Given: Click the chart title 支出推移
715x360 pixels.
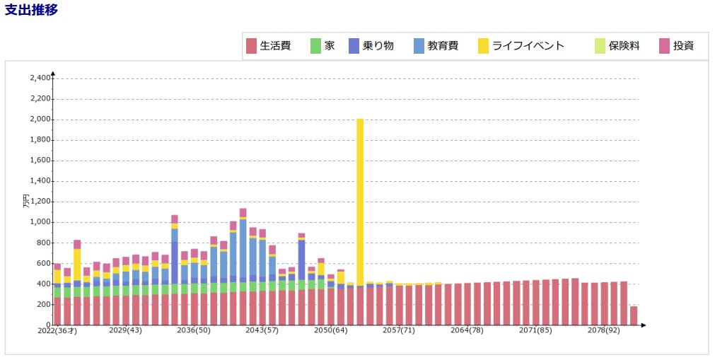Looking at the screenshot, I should click(32, 10).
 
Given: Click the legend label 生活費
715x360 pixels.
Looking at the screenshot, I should click(275, 46).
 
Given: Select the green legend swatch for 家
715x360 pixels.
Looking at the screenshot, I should click(315, 46).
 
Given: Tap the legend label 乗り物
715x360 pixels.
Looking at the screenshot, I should click(378, 46).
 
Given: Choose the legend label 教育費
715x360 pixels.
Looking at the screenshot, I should click(443, 46).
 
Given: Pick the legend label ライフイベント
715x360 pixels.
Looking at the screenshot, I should click(528, 46).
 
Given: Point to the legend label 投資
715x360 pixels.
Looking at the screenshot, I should click(683, 46).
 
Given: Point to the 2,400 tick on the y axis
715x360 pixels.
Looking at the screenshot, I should click(40, 79).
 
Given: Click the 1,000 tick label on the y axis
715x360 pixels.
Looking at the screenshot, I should click(40, 222).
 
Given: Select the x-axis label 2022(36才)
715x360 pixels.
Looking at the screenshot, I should click(57, 330).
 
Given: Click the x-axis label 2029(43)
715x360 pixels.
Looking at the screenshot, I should click(126, 330).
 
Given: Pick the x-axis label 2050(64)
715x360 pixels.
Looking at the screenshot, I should click(331, 330).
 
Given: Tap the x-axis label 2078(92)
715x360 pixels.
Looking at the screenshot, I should click(604, 330).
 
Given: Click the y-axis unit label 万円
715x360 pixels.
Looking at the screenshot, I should click(27, 201).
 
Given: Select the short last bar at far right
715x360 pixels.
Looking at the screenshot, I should click(634, 315).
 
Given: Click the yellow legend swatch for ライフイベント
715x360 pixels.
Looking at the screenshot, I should click(483, 46).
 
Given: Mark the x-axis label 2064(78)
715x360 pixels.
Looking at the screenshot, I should click(467, 330).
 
